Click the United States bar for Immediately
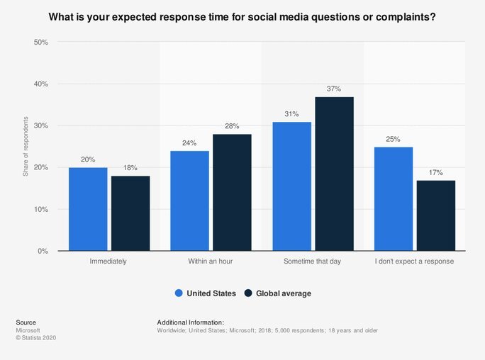[x=88, y=209]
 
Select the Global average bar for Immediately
[x=130, y=213]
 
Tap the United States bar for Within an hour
[x=189, y=201]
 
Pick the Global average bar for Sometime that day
[x=334, y=174]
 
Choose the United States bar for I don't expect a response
[x=394, y=198]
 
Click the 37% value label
[x=334, y=89]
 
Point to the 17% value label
[x=436, y=173]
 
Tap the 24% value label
[x=189, y=143]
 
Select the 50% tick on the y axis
[x=41, y=43]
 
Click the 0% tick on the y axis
[x=43, y=251]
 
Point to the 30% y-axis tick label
[x=41, y=126]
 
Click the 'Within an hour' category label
[x=211, y=261]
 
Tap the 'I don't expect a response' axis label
[x=415, y=261]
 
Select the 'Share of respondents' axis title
[x=26, y=147]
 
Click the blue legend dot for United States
[x=179, y=293]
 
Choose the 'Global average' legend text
[x=283, y=293]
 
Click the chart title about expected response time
[x=242, y=16]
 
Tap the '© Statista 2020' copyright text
[x=35, y=338]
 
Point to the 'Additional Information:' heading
[x=190, y=322]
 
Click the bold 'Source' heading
[x=26, y=322]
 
